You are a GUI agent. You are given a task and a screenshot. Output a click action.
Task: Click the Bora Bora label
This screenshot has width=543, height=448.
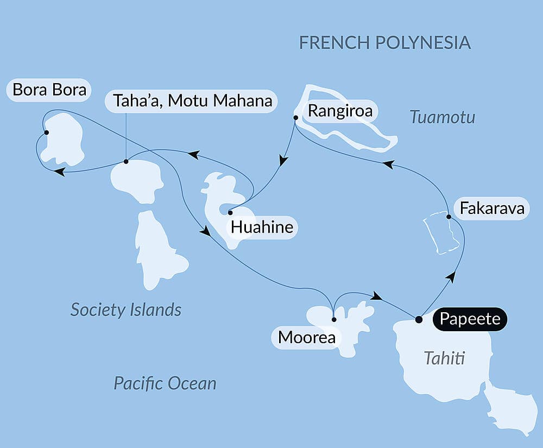49,90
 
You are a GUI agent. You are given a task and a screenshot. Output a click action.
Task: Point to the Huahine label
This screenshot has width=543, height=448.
262,227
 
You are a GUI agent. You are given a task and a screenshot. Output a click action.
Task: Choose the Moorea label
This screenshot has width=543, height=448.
306,338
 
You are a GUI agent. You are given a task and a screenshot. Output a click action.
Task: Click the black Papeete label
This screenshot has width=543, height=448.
470,319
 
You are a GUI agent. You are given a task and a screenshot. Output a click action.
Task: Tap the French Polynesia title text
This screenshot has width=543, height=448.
384,43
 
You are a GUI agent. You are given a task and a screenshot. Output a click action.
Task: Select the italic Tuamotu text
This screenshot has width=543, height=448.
443,117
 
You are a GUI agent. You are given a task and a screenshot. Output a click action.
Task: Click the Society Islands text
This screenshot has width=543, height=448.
126,310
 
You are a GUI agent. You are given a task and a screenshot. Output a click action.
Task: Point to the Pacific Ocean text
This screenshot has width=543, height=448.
165,383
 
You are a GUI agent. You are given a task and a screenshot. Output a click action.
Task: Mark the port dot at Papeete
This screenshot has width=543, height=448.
418,319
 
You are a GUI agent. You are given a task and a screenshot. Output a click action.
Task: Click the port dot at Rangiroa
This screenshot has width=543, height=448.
295,117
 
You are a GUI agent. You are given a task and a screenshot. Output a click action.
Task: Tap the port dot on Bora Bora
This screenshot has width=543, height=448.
47,132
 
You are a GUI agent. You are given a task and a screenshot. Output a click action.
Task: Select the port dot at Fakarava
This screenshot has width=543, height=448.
449,217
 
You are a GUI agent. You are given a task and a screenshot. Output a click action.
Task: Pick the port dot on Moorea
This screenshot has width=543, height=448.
333,319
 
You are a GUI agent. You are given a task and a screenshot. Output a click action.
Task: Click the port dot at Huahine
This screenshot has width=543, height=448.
230,212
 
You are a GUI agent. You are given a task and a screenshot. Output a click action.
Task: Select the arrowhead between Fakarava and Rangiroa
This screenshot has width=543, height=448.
388,163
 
